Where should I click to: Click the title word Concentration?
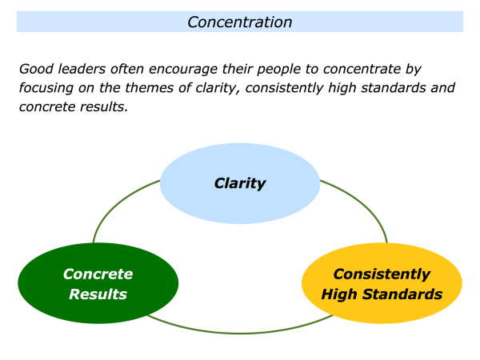(239, 22)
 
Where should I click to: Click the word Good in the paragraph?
(36, 70)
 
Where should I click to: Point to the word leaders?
(81, 70)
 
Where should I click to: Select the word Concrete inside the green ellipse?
(98, 274)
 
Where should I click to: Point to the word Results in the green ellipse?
(98, 294)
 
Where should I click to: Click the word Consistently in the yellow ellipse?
(382, 274)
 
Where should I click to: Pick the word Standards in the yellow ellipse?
(404, 294)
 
